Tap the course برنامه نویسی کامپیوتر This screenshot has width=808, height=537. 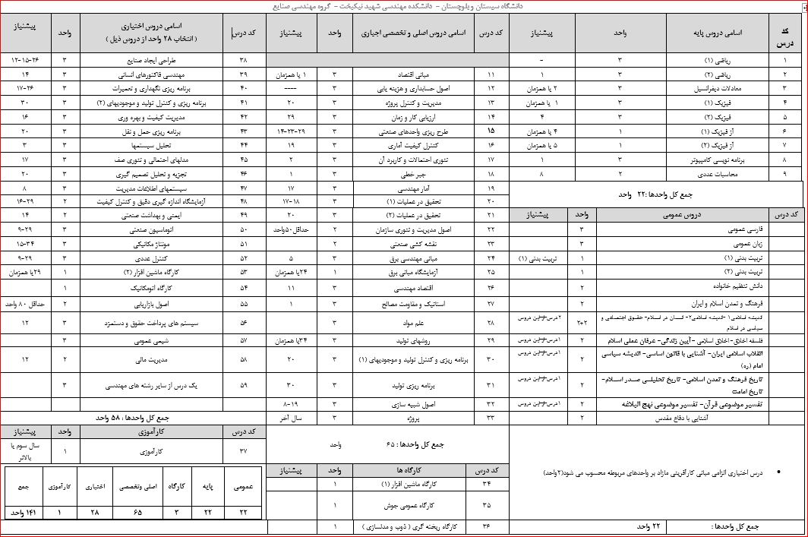(x=717, y=160)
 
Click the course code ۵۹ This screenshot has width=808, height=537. (x=244, y=385)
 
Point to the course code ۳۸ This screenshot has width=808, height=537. (x=244, y=58)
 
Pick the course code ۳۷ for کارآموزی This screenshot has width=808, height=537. (x=244, y=450)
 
